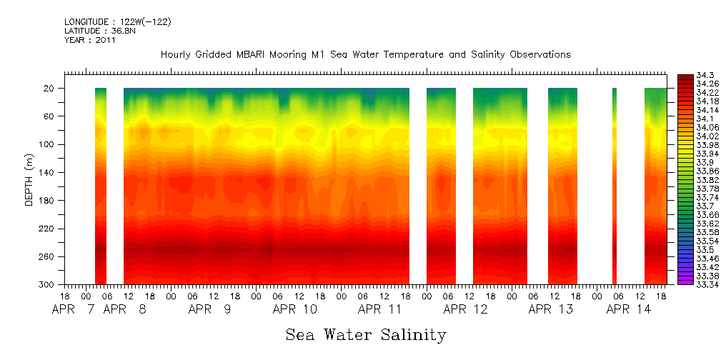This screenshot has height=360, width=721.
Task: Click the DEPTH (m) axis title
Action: [29, 183]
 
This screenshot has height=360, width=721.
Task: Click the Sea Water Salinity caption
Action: [366, 334]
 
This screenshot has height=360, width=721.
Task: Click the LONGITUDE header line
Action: [117, 22]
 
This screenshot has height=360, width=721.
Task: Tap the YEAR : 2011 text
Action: [89, 41]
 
